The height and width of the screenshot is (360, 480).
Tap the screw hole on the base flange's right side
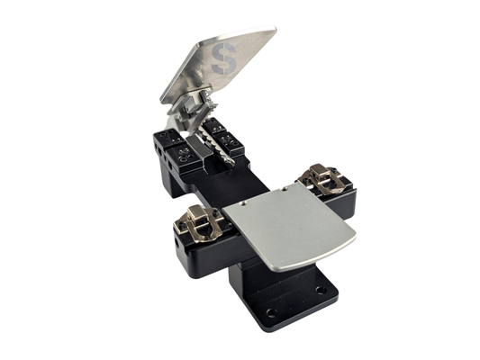coord(322,290)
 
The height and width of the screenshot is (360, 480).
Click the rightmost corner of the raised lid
coord(275,31)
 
